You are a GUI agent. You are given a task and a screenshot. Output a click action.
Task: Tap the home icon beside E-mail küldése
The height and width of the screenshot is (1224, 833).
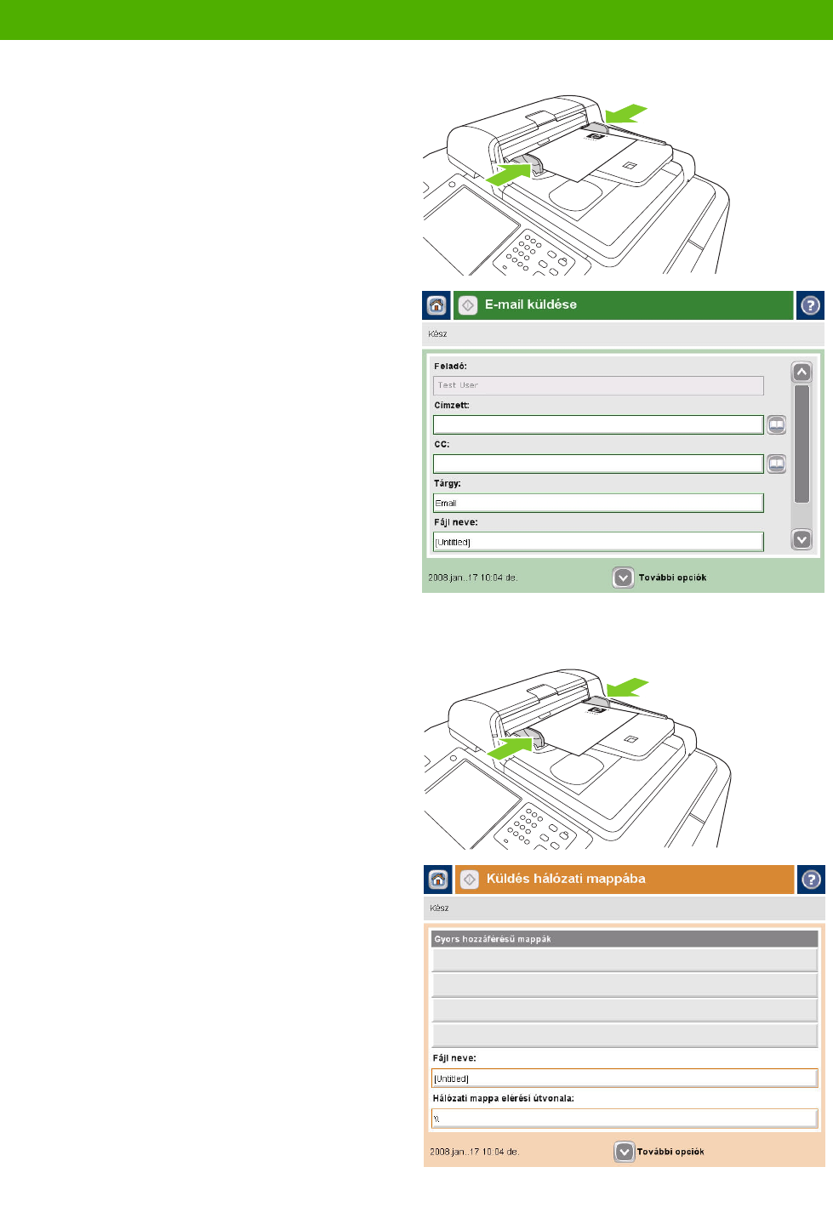coord(436,305)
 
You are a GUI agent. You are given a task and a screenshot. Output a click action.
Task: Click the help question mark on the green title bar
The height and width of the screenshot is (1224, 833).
coord(810,305)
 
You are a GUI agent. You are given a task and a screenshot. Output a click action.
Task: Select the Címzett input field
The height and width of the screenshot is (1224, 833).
coord(598,424)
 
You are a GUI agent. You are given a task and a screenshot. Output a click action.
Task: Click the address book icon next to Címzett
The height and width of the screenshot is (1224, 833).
coord(776,424)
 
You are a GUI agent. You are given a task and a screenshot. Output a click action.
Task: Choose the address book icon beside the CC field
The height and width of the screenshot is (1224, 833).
coord(776,464)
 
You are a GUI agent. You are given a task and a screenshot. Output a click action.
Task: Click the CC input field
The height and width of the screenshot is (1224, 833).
coord(598,464)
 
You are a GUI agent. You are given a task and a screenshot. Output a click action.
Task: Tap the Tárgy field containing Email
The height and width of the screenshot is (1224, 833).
coord(598,503)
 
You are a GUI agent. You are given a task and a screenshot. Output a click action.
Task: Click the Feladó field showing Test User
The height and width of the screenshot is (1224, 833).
coord(598,385)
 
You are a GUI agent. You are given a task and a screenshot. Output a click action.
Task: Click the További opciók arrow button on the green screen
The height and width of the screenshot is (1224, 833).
coord(623,578)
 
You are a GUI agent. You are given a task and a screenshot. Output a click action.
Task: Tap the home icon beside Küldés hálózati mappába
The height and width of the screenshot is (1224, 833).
coord(438,880)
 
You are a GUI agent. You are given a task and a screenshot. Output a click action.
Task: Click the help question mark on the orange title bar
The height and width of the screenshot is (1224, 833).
coord(811,880)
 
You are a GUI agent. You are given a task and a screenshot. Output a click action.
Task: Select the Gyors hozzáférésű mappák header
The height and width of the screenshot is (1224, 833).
coord(625,939)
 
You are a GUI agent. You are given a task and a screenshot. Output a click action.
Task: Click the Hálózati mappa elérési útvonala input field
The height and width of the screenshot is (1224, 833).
coord(625,1119)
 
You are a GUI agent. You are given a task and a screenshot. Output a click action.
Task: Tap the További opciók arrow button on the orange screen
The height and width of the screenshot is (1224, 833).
coord(625,1152)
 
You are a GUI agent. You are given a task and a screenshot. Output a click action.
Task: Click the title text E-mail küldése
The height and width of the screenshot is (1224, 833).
coord(531,305)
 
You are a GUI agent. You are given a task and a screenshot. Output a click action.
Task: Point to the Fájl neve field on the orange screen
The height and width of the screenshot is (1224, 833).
coord(625,1078)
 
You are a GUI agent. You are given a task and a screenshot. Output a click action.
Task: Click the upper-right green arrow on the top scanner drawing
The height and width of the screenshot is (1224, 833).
coord(626,114)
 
